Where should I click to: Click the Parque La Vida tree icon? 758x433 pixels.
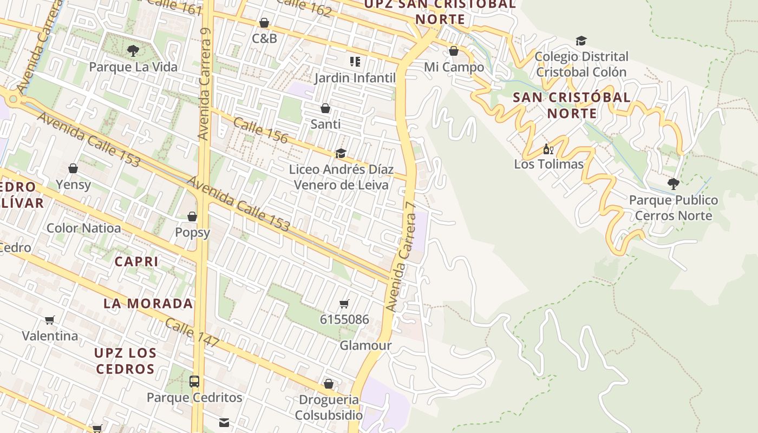pos(133,51)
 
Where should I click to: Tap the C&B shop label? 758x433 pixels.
pos(264,38)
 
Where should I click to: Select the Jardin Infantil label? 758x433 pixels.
pos(355,77)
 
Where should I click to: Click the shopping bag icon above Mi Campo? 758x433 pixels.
pos(454,51)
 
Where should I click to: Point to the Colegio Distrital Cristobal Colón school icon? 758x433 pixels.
pos(581,41)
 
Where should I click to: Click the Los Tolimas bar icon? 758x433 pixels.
pos(548,149)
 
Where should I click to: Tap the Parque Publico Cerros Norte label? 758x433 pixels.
pos(674,208)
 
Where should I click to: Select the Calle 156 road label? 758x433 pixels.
pos(260,130)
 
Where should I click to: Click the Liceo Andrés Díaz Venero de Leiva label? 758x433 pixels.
pos(341,177)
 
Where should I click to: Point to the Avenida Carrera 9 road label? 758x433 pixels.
pos(204,84)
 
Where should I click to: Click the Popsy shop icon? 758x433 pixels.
pos(192,216)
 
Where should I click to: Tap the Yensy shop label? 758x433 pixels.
pos(73,185)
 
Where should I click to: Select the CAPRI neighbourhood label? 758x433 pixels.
pos(136,261)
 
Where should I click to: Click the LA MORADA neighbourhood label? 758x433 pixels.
pos(148,303)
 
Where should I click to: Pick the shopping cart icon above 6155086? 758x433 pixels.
pos(344,304)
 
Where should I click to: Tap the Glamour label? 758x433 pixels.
pos(365,345)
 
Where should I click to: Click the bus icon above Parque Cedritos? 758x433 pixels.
pos(194,381)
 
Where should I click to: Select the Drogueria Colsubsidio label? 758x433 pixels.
pos(329,408)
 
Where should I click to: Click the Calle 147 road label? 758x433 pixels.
pos(192,333)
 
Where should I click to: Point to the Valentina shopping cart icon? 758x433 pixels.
pos(50,320)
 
